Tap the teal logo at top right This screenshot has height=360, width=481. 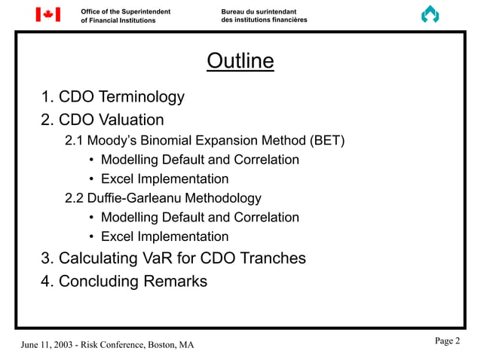pyautogui.click(x=430, y=15)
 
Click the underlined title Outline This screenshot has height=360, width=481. pyautogui.click(x=240, y=61)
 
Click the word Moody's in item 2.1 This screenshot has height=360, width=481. pyautogui.click(x=116, y=140)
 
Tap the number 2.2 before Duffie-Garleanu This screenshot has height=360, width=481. pyautogui.click(x=75, y=198)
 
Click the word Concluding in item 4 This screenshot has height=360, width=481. pyautogui.click(x=97, y=282)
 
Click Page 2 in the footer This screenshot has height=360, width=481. pyautogui.click(x=447, y=341)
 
